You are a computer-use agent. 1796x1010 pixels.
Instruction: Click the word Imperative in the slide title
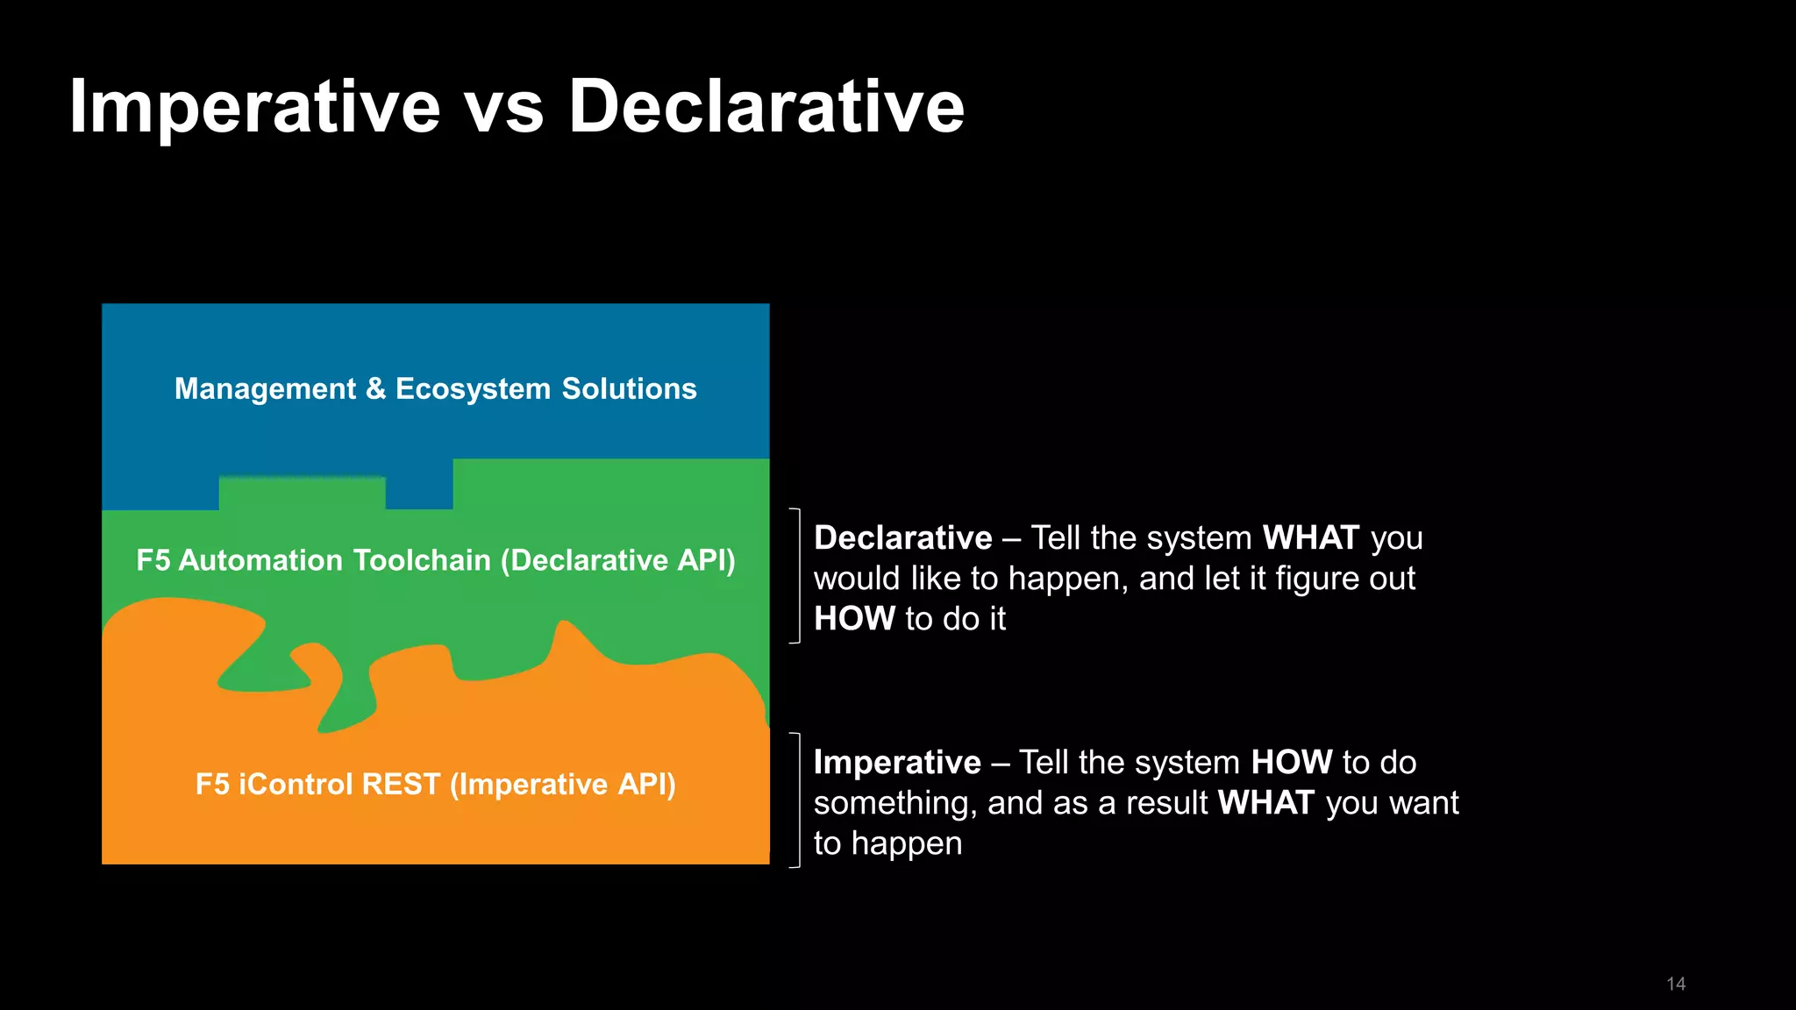tap(254, 107)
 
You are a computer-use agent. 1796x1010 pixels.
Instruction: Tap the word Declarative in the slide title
tap(766, 107)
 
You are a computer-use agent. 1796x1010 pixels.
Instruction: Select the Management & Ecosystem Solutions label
tap(435, 388)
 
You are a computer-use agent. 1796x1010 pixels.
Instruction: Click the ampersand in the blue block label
tap(375, 388)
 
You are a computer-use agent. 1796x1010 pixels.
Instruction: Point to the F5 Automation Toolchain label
tap(314, 560)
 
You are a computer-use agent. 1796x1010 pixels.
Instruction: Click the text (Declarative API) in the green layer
tap(618, 560)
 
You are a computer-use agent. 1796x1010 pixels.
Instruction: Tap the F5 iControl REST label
tap(317, 784)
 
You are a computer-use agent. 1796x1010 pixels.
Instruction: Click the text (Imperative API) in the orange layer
tap(563, 784)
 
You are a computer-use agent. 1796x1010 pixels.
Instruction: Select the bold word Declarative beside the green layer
tap(902, 537)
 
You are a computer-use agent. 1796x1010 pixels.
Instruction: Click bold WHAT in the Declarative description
tap(1310, 537)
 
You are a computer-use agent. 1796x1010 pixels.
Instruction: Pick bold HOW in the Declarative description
tap(853, 619)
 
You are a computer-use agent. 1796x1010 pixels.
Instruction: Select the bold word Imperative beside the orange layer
tap(896, 762)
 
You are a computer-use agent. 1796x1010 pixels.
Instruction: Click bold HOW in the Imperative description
tap(1291, 762)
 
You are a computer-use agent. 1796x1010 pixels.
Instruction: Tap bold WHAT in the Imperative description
tap(1266, 803)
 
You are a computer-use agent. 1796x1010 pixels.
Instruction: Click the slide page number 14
tap(1675, 984)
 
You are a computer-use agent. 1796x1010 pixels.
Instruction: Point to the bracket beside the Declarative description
tap(797, 576)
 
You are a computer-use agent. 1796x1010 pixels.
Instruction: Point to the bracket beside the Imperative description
tap(797, 800)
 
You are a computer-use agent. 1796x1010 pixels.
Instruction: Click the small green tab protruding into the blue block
tap(302, 492)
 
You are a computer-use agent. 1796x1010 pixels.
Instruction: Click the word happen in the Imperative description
tap(906, 843)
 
